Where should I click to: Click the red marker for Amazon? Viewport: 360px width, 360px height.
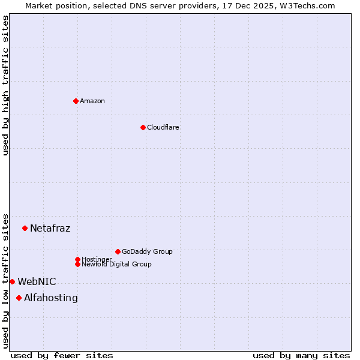pos(76,101)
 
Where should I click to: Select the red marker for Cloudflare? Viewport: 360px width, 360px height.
pos(143,127)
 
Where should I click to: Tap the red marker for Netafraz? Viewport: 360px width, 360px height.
pos(25,228)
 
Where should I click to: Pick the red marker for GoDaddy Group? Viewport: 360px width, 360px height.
pos(118,251)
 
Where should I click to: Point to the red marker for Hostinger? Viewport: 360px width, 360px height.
pos(77,259)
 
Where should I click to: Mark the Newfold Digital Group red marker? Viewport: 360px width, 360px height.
pos(77,264)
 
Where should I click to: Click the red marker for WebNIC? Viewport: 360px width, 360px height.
pos(12,281)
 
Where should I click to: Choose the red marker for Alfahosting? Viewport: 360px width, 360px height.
pos(19,298)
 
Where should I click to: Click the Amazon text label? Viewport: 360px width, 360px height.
pos(92,101)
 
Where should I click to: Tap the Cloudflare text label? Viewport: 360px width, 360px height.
pos(163,127)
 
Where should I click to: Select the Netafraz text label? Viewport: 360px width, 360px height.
pos(50,228)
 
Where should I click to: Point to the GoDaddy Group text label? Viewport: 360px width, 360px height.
pos(147,251)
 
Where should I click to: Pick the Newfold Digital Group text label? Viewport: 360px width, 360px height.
pos(117,265)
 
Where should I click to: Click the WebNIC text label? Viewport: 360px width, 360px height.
pos(37,281)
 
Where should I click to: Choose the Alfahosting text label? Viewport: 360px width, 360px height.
pos(51,298)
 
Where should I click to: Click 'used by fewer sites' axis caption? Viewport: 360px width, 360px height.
pos(62,355)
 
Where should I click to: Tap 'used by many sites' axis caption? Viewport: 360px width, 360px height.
pos(301,355)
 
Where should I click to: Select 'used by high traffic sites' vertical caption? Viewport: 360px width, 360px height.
pos(5,85)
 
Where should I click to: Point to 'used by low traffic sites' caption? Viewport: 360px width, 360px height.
pos(5,280)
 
